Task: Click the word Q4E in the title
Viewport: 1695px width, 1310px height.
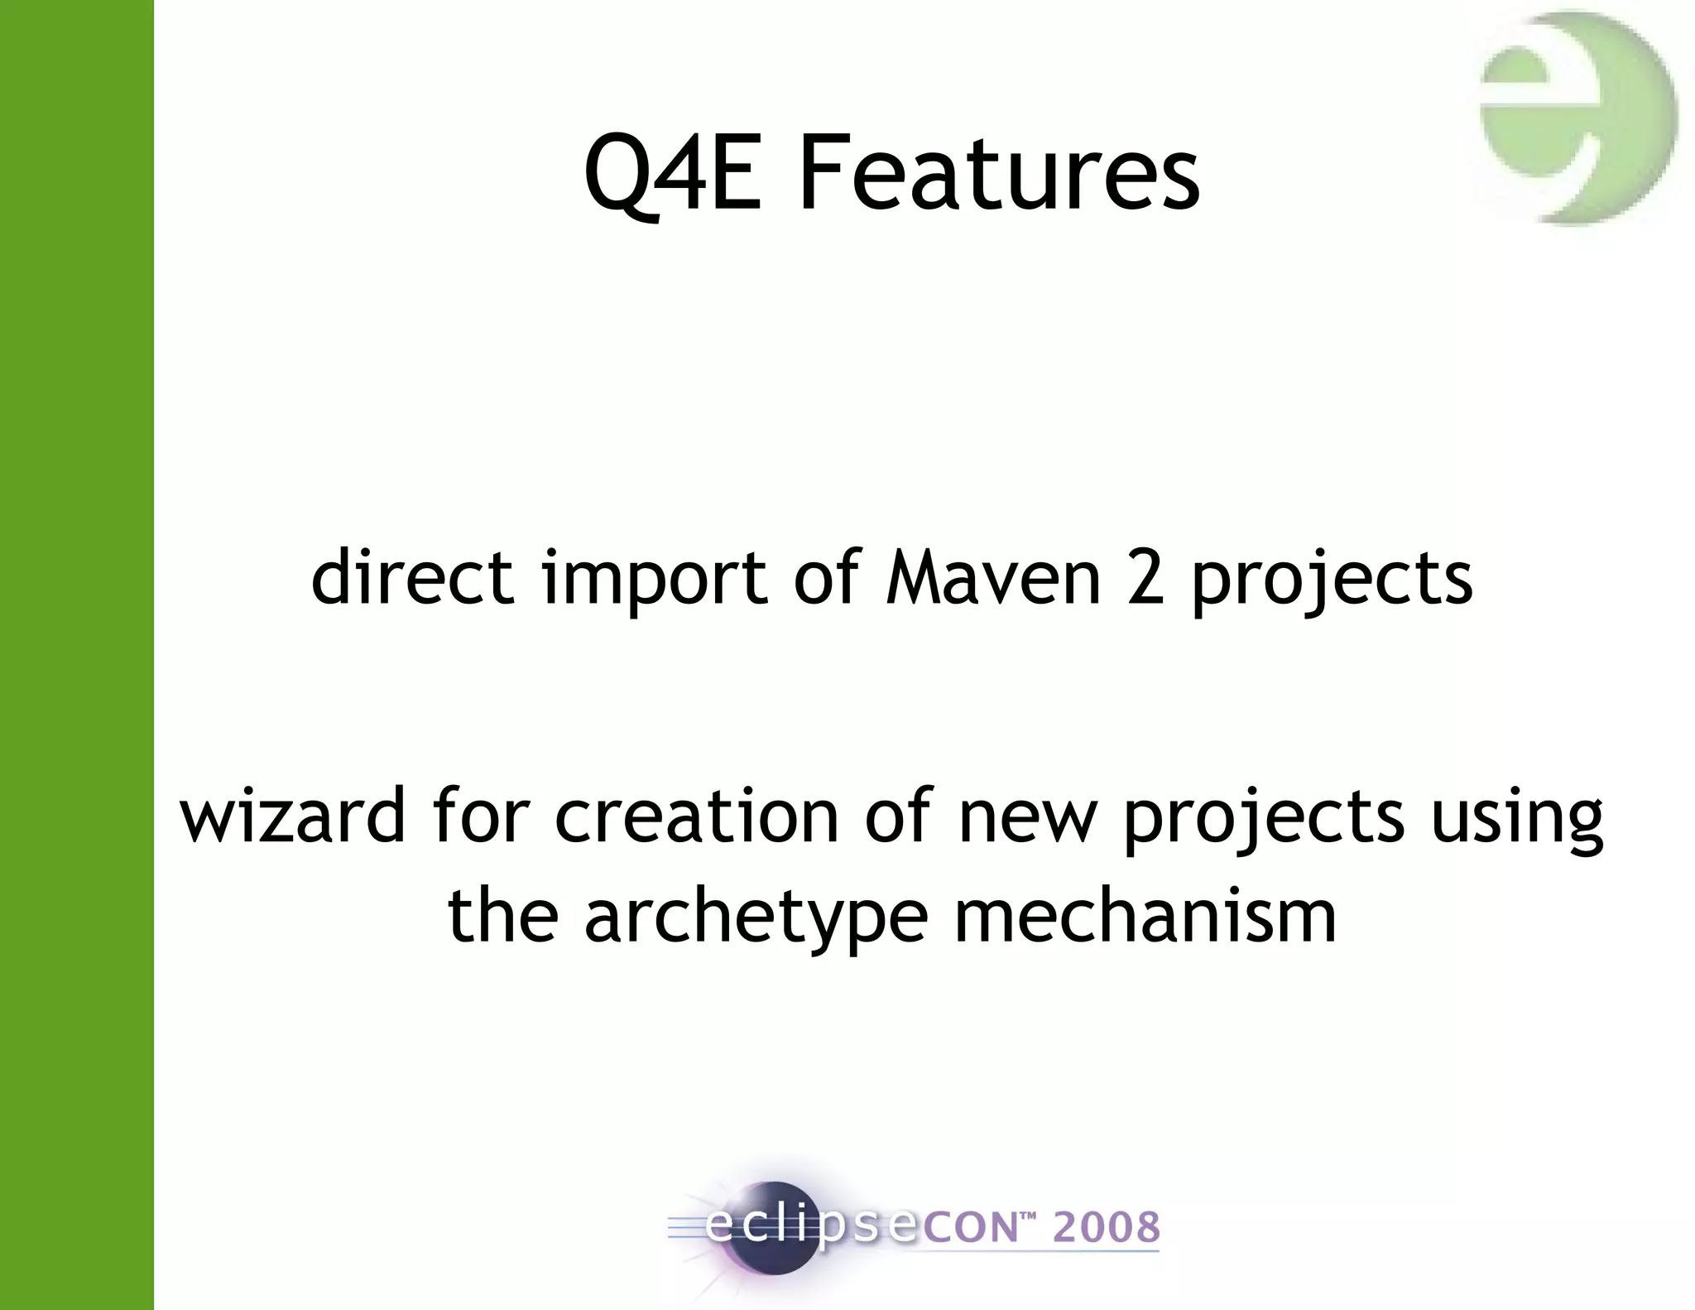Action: coord(671,175)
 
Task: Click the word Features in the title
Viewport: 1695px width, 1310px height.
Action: coord(998,175)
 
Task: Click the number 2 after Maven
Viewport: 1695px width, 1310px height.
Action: coord(1146,578)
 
